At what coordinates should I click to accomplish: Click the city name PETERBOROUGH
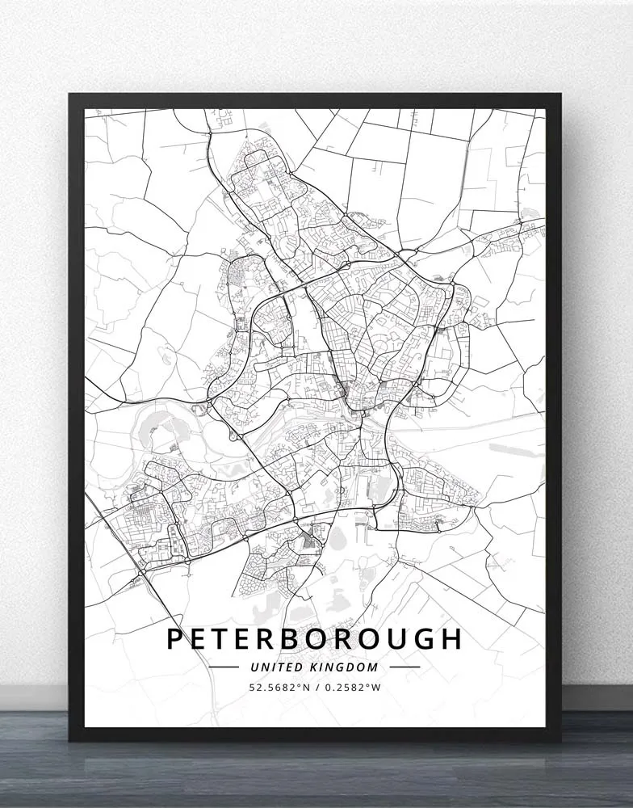coord(314,638)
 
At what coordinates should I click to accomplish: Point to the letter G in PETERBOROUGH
coord(420,638)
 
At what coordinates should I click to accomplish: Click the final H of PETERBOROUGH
coord(451,638)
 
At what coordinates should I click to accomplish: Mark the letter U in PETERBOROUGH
coord(392,638)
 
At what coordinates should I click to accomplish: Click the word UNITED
coord(276,667)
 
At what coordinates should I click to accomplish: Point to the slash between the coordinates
coord(316,688)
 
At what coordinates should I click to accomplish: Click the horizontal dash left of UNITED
coord(224,667)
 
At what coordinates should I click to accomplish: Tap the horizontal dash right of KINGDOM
coord(405,667)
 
